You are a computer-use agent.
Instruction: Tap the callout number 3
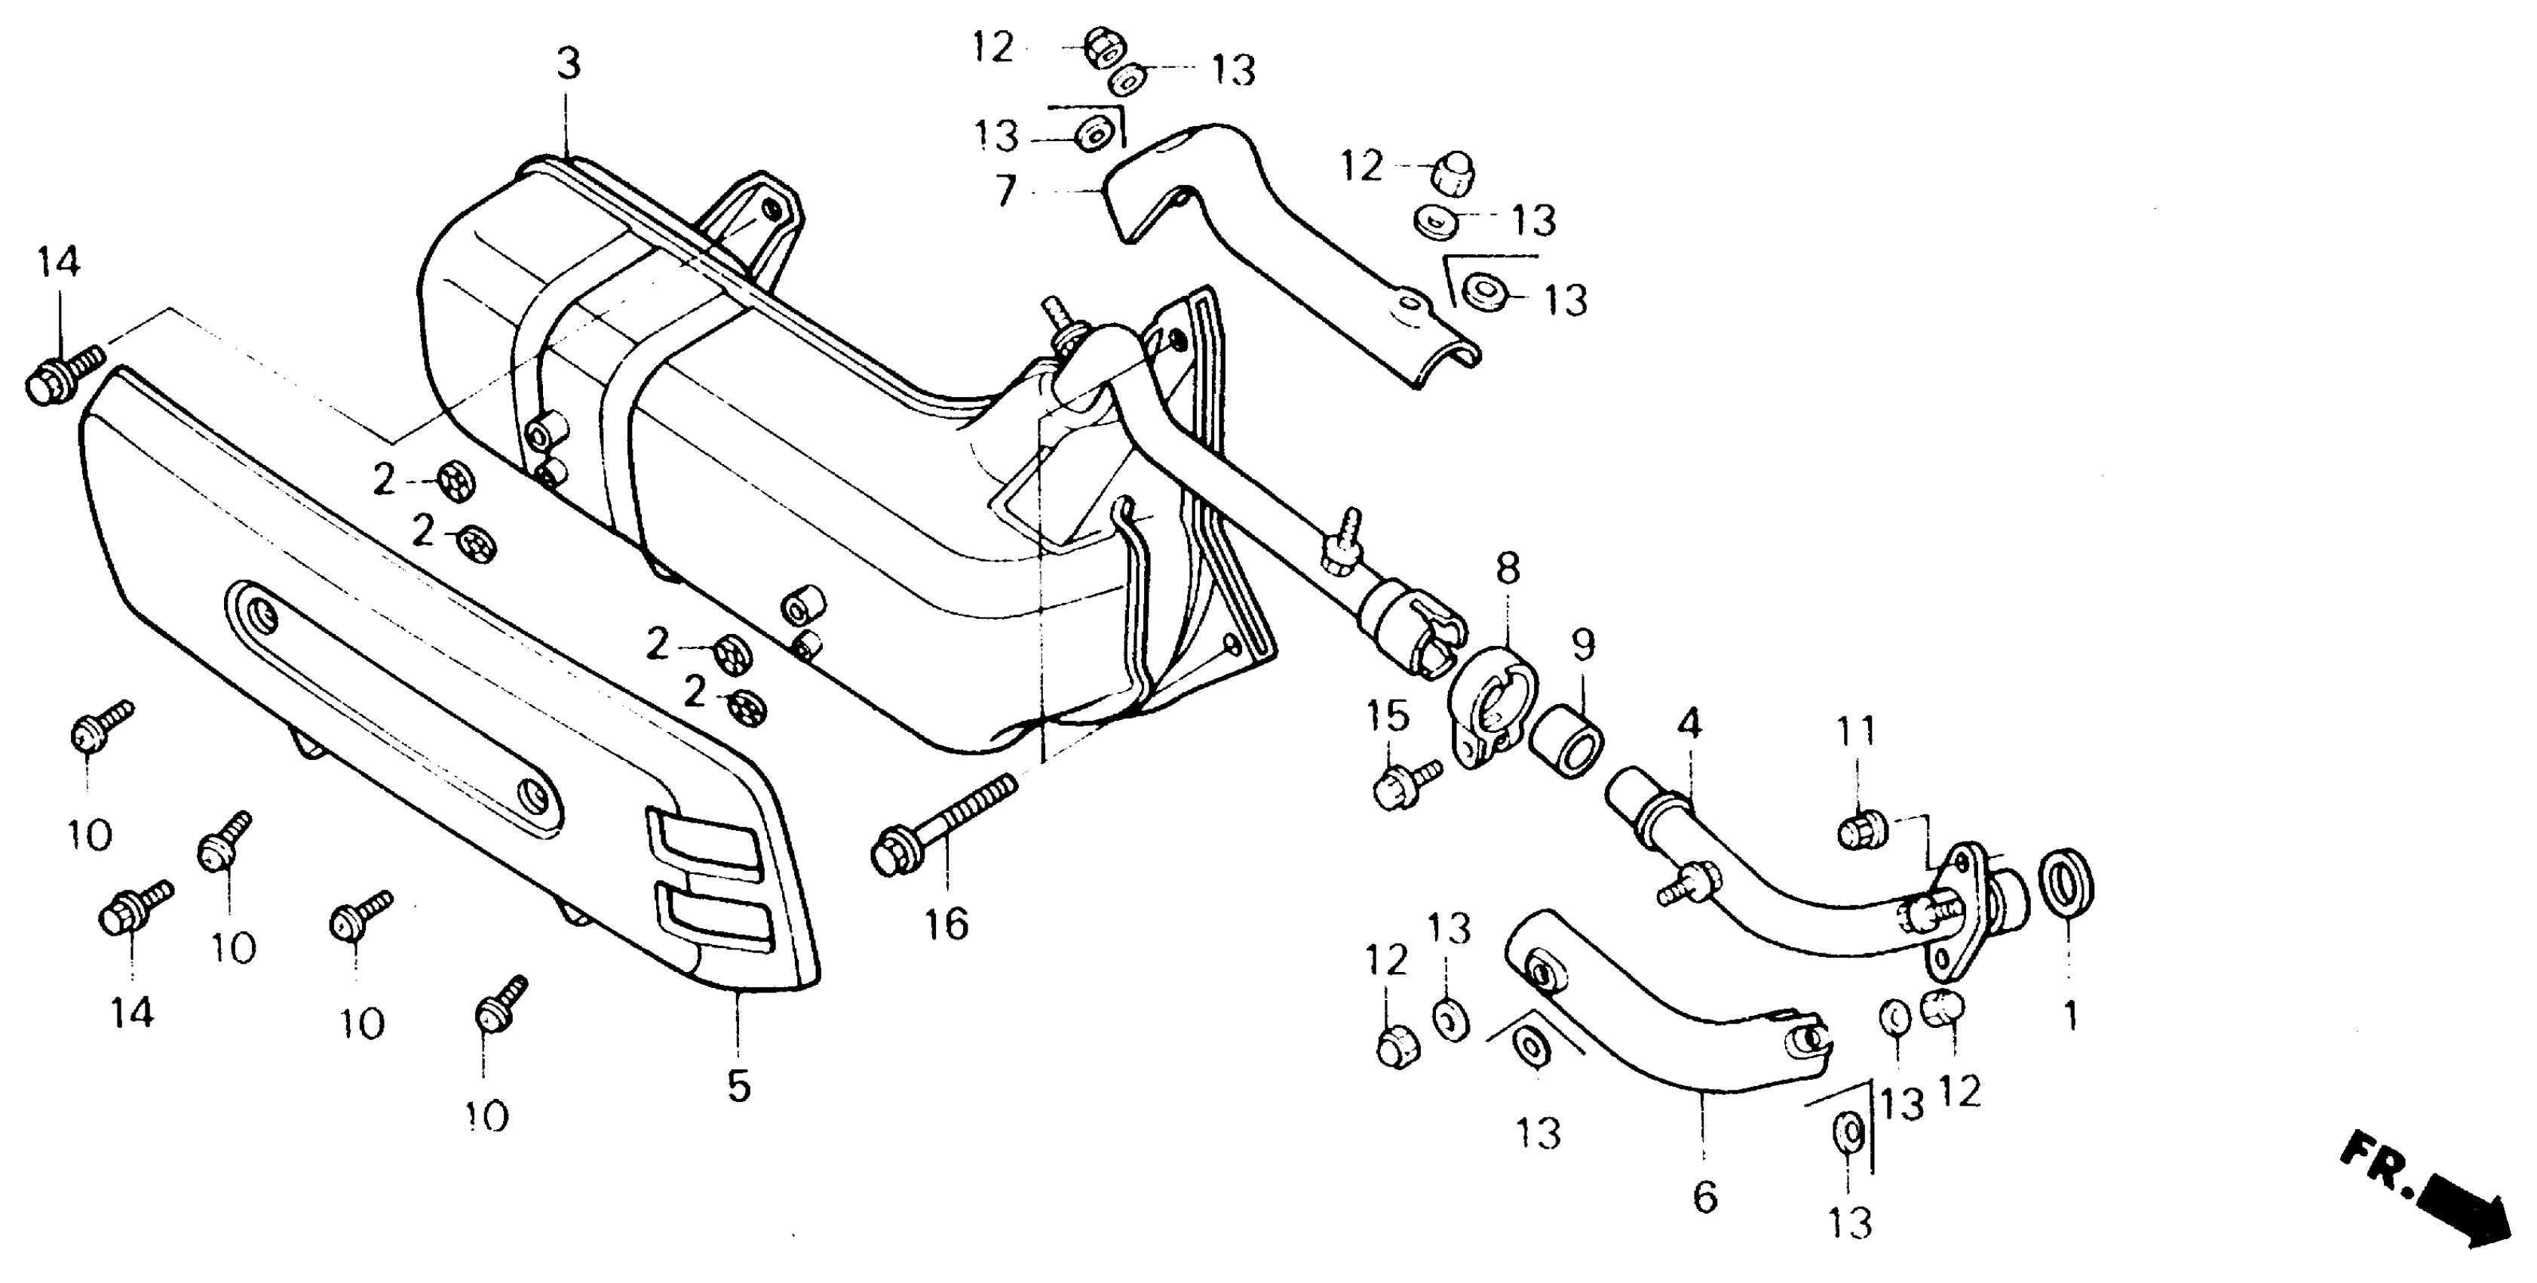(x=569, y=65)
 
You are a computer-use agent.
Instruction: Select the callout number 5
(x=738, y=1086)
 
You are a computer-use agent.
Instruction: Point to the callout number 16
(x=946, y=925)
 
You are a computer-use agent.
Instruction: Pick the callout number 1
(x=2070, y=1015)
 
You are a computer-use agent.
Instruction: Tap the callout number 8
(x=1508, y=568)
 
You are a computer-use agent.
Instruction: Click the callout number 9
(x=1583, y=645)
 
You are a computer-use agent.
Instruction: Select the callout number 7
(x=1005, y=191)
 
